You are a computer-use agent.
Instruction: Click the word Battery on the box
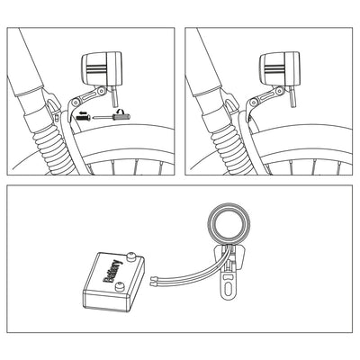tap(112, 272)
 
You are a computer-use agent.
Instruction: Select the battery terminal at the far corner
tap(130, 256)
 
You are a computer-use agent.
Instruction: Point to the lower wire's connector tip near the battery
tap(153, 283)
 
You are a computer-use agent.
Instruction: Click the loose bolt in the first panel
tap(84, 118)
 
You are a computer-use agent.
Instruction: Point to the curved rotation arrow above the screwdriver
tap(121, 112)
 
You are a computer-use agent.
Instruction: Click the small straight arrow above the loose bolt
tap(83, 112)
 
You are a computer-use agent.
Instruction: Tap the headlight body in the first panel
tap(102, 68)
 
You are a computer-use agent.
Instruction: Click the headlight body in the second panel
tap(280, 68)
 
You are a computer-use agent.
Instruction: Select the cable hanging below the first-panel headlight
tap(114, 96)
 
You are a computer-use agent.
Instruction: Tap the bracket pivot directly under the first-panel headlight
tap(102, 90)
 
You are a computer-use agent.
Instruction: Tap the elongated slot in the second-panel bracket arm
tap(266, 96)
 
